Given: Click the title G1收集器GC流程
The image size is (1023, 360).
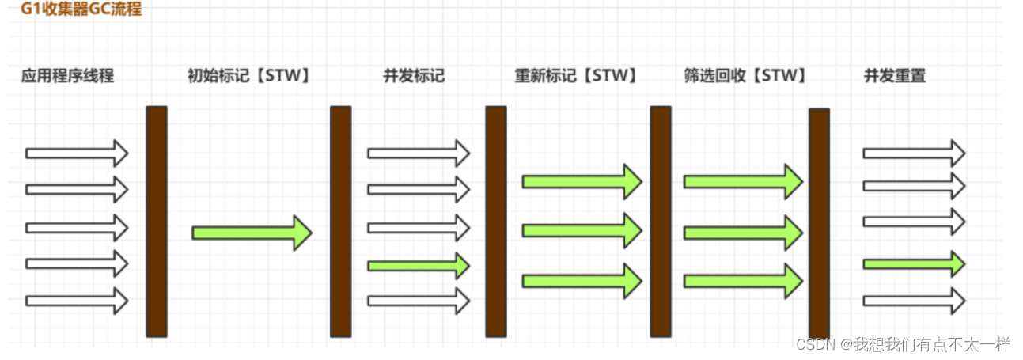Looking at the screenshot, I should (81, 10).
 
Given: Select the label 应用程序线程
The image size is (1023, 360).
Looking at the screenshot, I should (68, 76).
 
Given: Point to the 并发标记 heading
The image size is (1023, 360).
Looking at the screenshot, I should (414, 76).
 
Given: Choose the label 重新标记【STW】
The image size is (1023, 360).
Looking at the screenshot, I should (576, 76).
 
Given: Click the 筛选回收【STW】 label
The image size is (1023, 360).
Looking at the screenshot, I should (745, 76).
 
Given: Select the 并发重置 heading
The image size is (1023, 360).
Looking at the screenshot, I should (895, 76).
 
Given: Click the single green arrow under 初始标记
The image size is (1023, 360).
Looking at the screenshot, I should (252, 233).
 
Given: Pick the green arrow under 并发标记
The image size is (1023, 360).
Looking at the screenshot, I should (418, 266).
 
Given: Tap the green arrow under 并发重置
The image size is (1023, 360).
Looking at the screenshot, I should (913, 263).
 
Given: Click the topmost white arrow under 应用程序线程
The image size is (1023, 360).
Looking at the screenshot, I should (77, 153).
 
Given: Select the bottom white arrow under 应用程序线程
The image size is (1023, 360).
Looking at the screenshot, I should (77, 301).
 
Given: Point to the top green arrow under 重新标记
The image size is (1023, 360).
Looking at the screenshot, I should (581, 182).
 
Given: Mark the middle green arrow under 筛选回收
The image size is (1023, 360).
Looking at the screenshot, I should (742, 232).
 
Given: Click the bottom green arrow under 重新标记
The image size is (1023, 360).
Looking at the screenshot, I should (581, 281).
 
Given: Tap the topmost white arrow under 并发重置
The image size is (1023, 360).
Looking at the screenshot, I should (913, 153).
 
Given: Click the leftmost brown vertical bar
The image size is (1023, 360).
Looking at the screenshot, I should (157, 222).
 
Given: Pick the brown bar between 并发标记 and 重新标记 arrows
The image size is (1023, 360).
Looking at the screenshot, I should (495, 222).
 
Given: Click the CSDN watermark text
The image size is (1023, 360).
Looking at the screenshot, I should (903, 344).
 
